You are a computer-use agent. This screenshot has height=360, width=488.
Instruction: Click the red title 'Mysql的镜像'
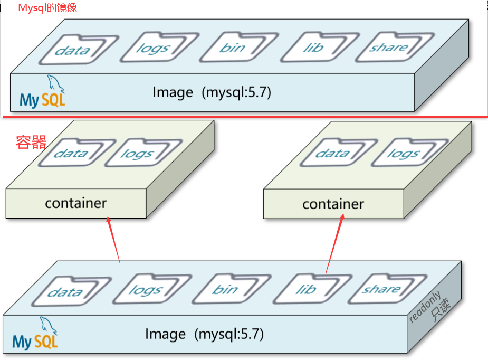[47, 8]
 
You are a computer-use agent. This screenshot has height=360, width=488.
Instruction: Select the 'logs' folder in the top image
[152, 48]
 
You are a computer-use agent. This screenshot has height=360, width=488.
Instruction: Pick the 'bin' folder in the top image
[232, 48]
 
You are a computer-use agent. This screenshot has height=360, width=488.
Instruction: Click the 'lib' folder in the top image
[313, 48]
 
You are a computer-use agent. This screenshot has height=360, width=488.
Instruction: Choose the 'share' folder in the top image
[388, 48]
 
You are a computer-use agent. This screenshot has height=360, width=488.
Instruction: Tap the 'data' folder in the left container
[71, 154]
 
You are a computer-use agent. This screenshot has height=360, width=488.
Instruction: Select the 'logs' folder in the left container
[137, 154]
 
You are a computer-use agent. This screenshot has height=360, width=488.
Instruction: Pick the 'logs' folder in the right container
[403, 154]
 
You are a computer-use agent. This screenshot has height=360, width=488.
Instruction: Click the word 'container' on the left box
[76, 203]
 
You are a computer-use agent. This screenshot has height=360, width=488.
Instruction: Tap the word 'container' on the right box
[333, 204]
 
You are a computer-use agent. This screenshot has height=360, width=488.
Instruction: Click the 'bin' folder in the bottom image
[225, 290]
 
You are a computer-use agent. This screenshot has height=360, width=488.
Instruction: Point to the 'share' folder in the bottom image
[381, 289]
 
